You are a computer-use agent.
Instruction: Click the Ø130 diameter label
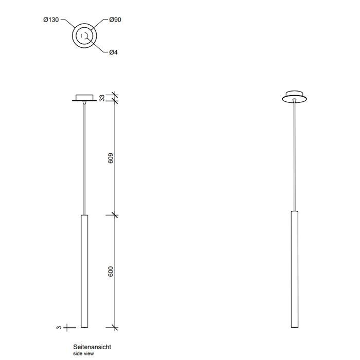(x=51, y=20)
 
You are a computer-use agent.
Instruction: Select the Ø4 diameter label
(x=114, y=52)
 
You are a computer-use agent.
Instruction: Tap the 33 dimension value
(x=101, y=98)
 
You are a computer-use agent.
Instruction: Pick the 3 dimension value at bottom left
(x=60, y=327)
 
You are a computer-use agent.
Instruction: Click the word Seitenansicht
(x=92, y=348)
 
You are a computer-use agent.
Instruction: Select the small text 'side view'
(x=84, y=354)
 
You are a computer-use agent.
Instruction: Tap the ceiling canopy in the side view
(x=83, y=97)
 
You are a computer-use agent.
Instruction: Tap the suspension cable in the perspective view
(x=294, y=154)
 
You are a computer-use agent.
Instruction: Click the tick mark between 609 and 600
(x=114, y=214)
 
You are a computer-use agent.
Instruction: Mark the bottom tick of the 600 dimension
(x=114, y=328)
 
